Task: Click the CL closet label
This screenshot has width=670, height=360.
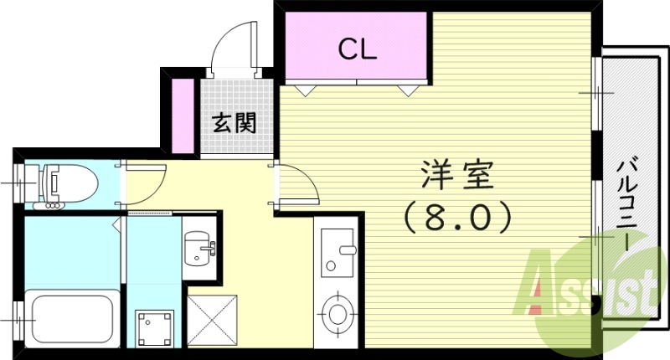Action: pos(358,50)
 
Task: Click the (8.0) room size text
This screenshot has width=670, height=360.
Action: pos(457,219)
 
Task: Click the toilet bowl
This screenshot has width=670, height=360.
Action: pos(70,181)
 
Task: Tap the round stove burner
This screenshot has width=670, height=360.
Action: pos(337,312)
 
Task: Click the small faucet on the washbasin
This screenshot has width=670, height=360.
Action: pos(211,247)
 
